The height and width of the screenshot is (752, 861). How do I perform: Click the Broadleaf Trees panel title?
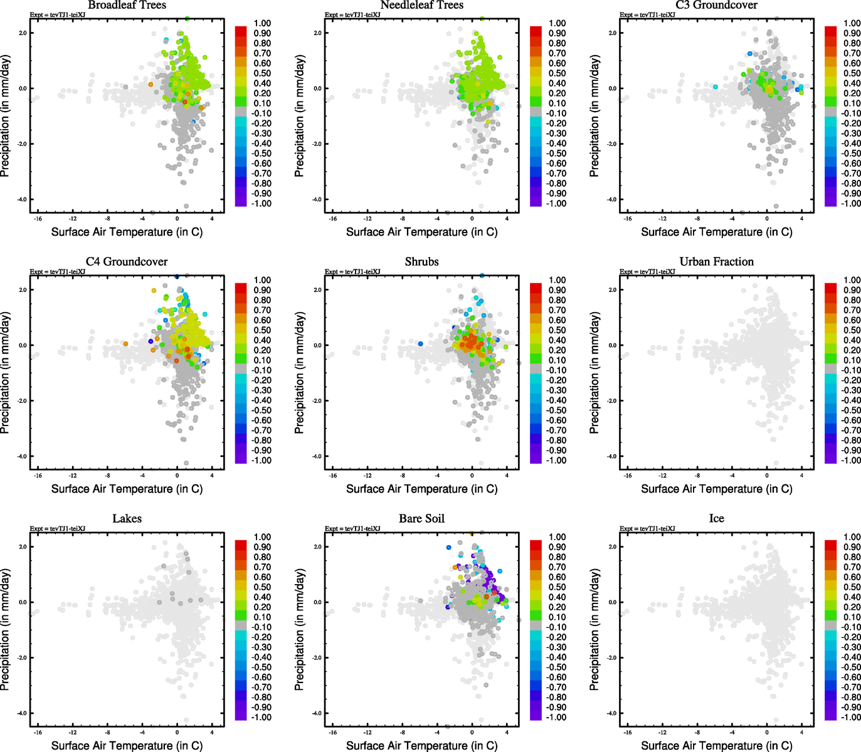127,5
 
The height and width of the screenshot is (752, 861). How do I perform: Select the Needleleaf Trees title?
421,5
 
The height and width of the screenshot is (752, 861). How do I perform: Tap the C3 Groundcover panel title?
716,5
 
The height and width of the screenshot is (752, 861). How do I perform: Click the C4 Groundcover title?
127,261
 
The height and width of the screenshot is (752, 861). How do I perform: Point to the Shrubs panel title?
421,261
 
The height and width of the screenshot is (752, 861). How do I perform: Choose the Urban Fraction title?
716,261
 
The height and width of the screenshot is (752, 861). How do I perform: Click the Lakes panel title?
127,518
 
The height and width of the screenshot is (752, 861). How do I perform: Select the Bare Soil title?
421,518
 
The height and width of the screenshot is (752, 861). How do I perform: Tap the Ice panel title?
716,518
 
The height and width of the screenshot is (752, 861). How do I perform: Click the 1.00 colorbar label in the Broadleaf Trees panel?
262,23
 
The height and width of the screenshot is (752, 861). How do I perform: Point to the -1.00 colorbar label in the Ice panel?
851,717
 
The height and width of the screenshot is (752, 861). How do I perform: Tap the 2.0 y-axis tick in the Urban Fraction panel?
612,290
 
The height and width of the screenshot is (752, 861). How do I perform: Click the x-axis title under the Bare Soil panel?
421,745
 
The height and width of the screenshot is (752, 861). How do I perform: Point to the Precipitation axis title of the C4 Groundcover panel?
6,373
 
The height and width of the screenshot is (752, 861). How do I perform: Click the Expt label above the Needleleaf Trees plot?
352,14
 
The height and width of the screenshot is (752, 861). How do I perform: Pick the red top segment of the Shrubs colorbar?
536,288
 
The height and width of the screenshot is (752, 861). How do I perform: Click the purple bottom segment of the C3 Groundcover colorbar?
830,202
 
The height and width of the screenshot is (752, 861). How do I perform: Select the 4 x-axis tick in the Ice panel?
801,732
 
